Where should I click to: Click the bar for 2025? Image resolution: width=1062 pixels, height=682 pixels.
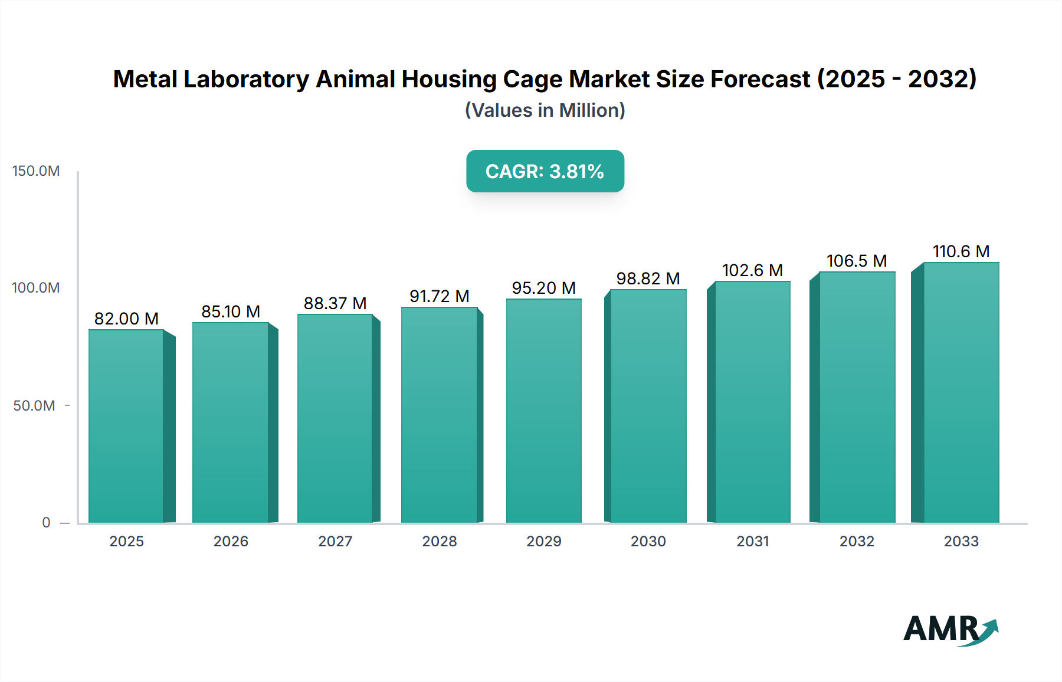point(126,426)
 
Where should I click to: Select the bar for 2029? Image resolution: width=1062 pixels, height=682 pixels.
point(543,411)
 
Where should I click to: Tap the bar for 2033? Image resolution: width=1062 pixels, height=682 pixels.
point(961,392)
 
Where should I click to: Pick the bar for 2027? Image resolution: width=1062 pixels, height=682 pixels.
point(335,418)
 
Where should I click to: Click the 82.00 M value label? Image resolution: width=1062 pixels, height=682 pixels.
point(126,319)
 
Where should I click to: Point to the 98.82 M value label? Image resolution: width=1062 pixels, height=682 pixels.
point(648,278)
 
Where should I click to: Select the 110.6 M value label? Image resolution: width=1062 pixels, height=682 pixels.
point(961,251)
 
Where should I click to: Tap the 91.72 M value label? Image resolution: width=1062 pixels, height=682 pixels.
point(440,296)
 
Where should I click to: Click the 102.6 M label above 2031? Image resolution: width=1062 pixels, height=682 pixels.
point(752,270)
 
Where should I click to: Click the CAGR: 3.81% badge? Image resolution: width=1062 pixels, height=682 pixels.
point(545,171)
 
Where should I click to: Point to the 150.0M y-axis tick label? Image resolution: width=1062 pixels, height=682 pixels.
point(36,171)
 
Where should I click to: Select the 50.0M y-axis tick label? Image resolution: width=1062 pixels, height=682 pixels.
point(34,406)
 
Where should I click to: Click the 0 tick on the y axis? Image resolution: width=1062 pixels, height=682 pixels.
point(46,523)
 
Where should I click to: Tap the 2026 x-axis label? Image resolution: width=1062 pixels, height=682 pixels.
point(231,542)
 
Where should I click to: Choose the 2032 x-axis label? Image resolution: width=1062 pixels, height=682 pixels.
point(857,542)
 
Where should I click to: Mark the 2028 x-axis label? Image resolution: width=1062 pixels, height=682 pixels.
point(440,542)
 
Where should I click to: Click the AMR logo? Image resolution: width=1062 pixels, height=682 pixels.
point(950,629)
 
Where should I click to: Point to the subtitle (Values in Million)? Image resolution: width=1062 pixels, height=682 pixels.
point(545,110)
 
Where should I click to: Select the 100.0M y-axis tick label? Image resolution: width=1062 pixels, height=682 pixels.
point(36,288)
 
